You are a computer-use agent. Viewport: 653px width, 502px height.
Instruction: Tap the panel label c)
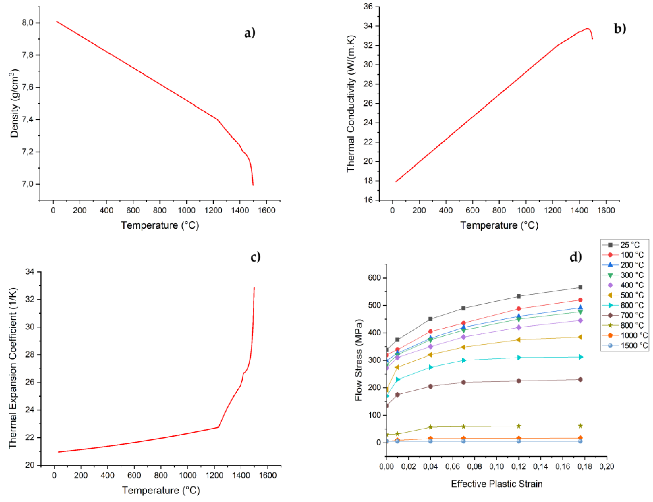(255, 257)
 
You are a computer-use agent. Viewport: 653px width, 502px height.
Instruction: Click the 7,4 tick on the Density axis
(28, 120)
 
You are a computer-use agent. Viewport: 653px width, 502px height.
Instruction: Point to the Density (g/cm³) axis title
(14, 103)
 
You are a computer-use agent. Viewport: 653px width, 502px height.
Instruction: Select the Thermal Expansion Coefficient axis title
(13, 368)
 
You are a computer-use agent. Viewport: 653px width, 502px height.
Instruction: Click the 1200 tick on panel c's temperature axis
(214, 475)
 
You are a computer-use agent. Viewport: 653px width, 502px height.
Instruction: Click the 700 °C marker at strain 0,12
(519, 381)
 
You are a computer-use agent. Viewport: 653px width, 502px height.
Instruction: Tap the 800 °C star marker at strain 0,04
(430, 427)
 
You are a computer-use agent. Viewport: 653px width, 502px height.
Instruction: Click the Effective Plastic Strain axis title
(496, 484)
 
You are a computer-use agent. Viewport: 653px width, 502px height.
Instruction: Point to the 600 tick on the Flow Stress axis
(374, 278)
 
